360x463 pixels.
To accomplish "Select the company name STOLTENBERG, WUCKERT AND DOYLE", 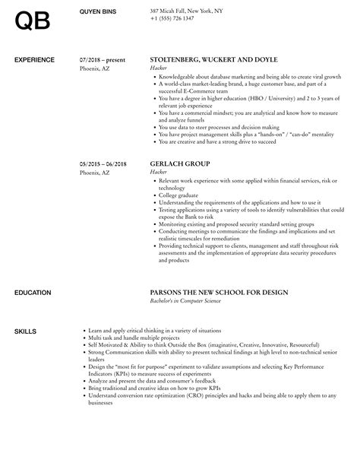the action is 214,59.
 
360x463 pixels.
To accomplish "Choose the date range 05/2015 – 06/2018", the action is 104,163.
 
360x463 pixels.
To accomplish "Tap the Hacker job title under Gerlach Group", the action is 159,173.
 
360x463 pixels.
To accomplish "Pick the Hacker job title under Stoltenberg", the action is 159,68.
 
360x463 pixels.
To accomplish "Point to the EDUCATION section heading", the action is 33,271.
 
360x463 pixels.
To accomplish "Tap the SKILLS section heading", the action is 24,310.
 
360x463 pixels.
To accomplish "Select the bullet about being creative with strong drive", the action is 213,140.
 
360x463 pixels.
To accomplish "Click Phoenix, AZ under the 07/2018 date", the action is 95,68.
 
